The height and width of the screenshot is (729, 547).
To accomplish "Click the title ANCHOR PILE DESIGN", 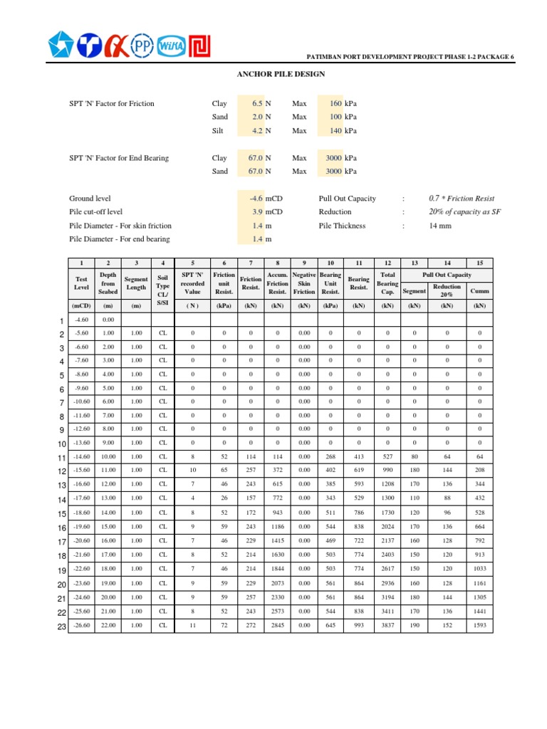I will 280,74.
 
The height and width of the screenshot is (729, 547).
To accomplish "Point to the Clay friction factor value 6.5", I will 257,103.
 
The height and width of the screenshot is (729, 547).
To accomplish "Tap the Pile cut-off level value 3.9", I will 258,212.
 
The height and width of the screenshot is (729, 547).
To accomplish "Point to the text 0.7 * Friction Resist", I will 462,199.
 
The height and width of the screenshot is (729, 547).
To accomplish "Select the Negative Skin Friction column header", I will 304,283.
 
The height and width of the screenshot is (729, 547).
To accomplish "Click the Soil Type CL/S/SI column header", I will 163,283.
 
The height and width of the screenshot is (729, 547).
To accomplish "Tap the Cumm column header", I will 479,291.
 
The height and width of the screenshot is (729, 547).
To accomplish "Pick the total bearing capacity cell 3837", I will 387,626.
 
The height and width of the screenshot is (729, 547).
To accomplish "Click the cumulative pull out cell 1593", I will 479,626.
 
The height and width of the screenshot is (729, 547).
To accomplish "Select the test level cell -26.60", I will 81,626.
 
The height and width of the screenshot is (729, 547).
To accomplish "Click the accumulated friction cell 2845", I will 277,626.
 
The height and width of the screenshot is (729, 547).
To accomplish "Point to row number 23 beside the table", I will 61,626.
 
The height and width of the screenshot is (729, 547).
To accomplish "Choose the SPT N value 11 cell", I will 192,626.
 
